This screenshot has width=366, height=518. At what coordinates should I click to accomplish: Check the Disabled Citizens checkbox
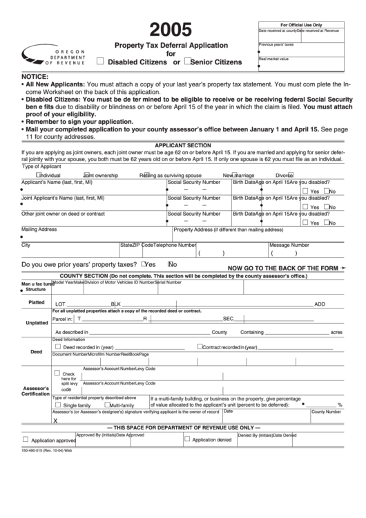pyautogui.click(x=102, y=61)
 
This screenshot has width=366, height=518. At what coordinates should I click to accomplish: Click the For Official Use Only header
pyautogui.click(x=300, y=24)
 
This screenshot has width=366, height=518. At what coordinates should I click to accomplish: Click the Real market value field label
pyautogui.click(x=274, y=59)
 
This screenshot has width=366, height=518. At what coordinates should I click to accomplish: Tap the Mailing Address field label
pyautogui.click(x=39, y=229)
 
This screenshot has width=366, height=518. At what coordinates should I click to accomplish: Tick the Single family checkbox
pyautogui.click(x=57, y=405)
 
